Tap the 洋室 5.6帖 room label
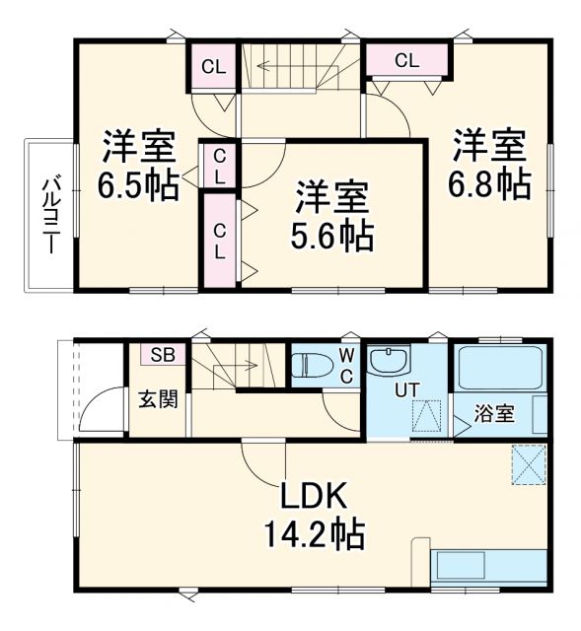pos(332,215)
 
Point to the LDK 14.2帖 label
pos(313,514)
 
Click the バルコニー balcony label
pos(47,215)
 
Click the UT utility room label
pos(405,389)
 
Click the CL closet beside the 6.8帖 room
pos(406,60)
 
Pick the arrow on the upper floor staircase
pos(286,68)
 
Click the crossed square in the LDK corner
pos(529,463)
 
